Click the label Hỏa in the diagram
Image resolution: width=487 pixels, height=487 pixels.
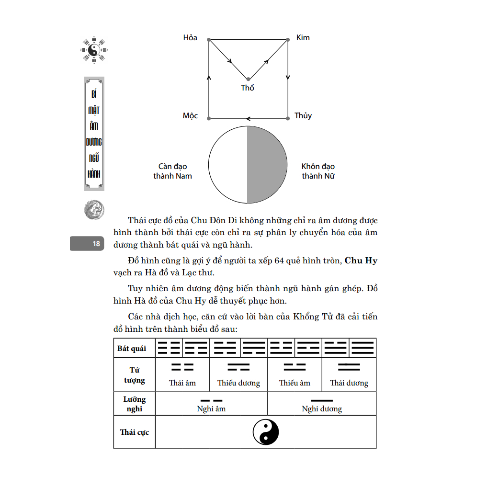[x=190, y=38]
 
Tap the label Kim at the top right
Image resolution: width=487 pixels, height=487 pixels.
[x=303, y=38]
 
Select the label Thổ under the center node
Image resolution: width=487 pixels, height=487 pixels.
[x=248, y=88]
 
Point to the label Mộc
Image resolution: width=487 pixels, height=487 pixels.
[x=190, y=116]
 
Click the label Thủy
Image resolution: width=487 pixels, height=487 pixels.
[x=303, y=116]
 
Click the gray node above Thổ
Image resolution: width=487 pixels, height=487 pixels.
[x=248, y=79]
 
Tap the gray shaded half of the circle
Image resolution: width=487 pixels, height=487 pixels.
[x=267, y=164]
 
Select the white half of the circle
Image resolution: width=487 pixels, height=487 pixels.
[x=228, y=164]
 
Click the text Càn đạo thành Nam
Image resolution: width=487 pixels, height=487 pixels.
[x=173, y=171]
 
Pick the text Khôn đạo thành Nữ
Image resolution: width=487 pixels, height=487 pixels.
[x=318, y=171]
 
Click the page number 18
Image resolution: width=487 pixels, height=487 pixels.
[x=96, y=244]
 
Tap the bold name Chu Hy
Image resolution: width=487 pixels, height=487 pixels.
[x=361, y=261]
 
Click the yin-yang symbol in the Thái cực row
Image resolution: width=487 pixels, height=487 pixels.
[x=266, y=432]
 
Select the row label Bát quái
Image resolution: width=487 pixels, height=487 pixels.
[x=132, y=349]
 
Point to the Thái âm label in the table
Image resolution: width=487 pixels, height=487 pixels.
[x=182, y=383]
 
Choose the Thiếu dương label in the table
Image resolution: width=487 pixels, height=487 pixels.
[x=238, y=383]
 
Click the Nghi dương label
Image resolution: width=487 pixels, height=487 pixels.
[x=322, y=409]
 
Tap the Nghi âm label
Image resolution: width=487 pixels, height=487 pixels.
[x=211, y=409]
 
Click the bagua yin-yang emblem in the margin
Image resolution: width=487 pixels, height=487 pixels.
[x=94, y=48]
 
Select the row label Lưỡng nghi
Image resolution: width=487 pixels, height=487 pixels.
[x=135, y=404]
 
